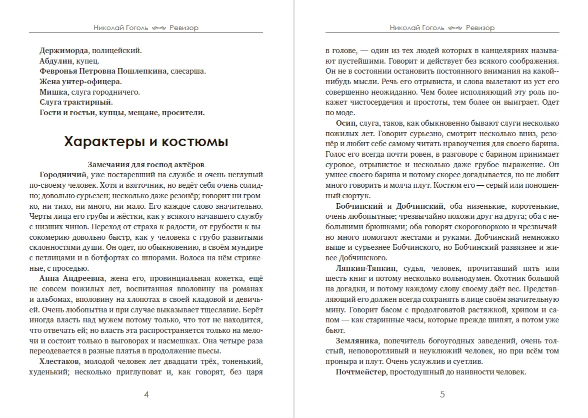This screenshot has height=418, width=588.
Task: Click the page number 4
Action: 146,394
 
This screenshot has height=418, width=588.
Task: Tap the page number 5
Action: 442,394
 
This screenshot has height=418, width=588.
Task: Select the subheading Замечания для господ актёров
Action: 146,164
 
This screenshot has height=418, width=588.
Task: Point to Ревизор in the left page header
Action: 183,28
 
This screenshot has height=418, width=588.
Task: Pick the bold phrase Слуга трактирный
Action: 72,102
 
